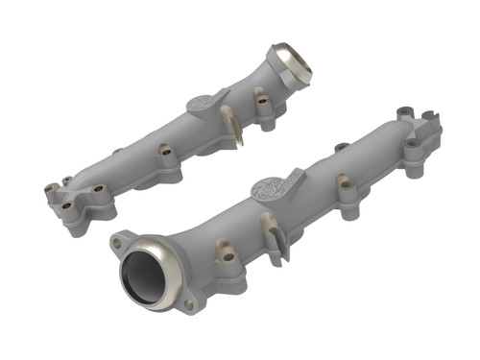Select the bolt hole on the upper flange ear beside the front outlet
pos(117,243)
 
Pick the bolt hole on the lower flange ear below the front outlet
pos(188,304)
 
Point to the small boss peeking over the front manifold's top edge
pos(342,148)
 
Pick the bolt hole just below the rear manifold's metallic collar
pos(259,94)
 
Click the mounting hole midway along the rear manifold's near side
pos(164,151)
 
